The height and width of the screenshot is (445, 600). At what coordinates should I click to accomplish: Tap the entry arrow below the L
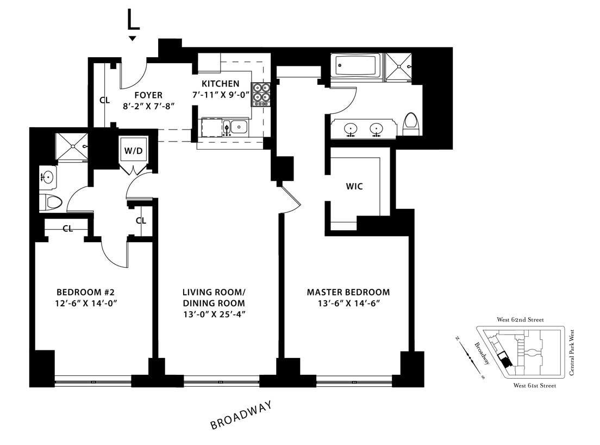pos(132,38)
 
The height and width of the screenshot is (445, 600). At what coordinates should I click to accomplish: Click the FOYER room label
pos(142,95)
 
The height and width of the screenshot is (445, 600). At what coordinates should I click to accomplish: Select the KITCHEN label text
pos(220,84)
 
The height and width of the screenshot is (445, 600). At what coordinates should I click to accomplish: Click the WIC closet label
pos(354,187)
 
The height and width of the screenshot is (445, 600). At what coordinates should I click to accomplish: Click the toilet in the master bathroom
pos(411,123)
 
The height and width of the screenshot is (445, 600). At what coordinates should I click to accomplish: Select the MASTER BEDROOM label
pos(348,292)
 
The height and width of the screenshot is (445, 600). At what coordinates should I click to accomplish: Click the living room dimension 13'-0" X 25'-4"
pos(214,314)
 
